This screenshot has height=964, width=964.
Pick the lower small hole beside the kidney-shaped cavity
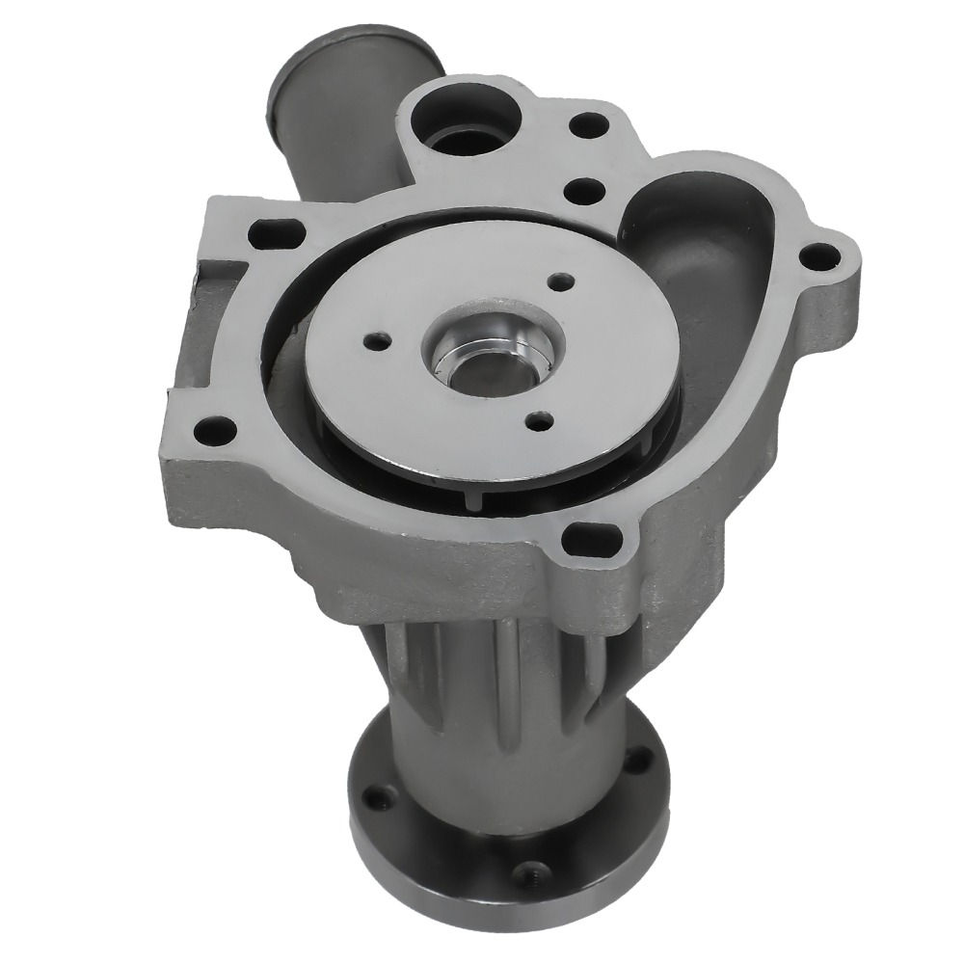(582, 190)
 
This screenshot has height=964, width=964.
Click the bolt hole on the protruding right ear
(820, 255)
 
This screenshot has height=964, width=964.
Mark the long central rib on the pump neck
(501, 665)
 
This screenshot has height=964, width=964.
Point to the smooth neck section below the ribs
(501, 762)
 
